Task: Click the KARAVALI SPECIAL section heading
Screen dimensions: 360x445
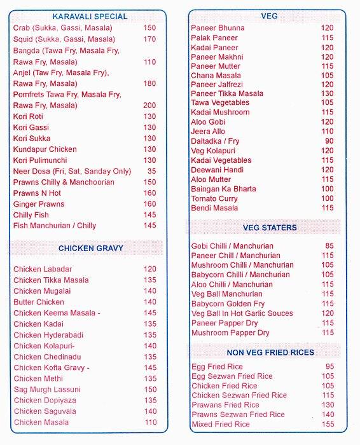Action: (x=90, y=17)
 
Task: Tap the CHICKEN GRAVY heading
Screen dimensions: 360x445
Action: (x=91, y=248)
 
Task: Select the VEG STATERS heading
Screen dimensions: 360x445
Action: (x=270, y=228)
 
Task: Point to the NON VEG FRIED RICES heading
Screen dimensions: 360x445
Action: (x=270, y=352)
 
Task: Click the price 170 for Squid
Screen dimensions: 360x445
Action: (x=149, y=39)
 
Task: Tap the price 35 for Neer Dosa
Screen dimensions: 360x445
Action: (x=151, y=172)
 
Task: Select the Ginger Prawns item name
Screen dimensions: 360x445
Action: (x=39, y=204)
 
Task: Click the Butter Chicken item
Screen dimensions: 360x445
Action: (x=39, y=302)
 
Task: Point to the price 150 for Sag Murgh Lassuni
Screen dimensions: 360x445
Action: (x=150, y=390)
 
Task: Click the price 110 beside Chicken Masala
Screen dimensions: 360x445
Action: (x=150, y=422)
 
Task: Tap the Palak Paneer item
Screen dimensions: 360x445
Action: (x=214, y=38)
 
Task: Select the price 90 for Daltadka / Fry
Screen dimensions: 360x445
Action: (x=329, y=141)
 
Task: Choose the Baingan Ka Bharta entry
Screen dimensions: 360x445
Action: (x=223, y=189)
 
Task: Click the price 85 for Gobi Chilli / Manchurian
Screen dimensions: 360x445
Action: (x=329, y=246)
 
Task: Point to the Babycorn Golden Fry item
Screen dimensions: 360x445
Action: (x=228, y=304)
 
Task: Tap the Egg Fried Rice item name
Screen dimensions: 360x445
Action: (x=218, y=367)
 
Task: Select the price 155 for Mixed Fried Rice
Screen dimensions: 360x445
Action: (x=328, y=424)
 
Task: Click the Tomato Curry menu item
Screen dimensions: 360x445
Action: (x=214, y=198)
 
